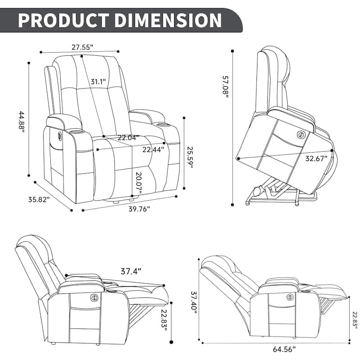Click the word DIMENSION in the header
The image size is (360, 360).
168,20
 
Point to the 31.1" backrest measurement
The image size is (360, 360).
98,81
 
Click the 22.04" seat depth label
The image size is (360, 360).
129,138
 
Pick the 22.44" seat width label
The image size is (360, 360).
153,149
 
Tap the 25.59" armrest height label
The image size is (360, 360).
190,157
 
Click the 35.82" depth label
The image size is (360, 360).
39,199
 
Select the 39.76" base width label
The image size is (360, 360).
139,209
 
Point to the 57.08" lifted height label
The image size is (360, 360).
225,86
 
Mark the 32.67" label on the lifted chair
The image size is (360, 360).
316,159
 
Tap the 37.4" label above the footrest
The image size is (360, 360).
131,272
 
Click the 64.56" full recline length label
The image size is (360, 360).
284,349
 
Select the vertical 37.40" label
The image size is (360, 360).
194,303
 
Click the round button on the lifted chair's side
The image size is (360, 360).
300,134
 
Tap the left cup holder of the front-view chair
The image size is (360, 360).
76,132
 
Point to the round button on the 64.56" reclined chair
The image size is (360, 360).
290,297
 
